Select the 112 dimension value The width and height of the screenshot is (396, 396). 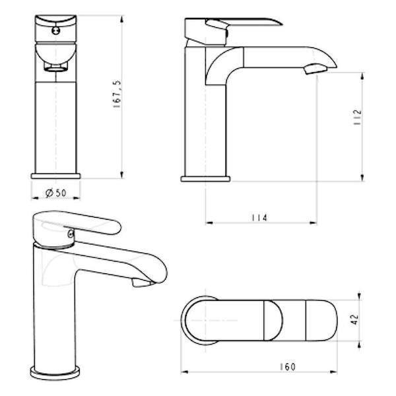click(357, 118)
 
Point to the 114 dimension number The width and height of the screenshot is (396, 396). click(259, 218)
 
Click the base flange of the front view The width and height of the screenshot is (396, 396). click(56, 176)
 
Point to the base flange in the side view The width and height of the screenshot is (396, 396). click(205, 177)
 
